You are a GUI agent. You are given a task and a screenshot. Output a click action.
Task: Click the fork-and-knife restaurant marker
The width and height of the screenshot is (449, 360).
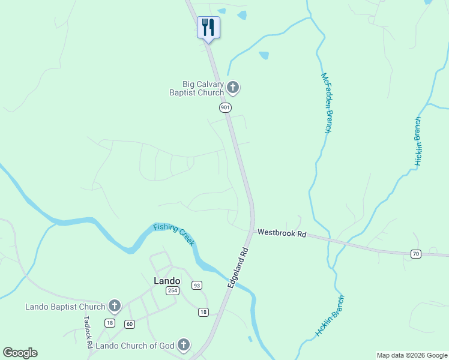click(208, 27)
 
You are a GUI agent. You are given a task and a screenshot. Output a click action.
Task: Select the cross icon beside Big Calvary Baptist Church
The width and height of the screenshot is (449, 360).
click(233, 89)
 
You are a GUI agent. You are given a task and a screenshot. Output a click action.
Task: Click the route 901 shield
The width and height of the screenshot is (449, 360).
click(224, 107)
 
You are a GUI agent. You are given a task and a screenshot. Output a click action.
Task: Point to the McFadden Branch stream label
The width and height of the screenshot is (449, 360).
click(327, 103)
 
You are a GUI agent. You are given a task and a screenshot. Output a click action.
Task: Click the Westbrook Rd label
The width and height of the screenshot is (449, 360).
click(282, 233)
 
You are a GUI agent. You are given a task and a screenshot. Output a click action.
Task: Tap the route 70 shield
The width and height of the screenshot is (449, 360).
click(415, 254)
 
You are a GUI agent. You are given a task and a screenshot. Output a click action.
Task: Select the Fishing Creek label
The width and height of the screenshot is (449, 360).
click(174, 234)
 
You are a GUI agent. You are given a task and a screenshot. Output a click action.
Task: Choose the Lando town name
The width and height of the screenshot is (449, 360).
click(167, 281)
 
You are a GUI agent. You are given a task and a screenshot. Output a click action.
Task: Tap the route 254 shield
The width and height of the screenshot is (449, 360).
click(172, 291)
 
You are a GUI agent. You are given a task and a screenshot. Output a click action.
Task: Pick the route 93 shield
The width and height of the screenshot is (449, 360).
click(197, 285)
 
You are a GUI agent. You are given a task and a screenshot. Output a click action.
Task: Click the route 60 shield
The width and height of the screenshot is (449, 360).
click(130, 324)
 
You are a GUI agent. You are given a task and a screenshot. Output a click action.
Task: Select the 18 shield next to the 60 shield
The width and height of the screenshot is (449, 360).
click(109, 323)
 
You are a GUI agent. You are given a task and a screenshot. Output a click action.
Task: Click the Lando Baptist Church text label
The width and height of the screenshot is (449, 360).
click(65, 307)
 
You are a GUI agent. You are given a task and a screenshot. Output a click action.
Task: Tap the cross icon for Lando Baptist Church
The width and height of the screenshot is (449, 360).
click(114, 307)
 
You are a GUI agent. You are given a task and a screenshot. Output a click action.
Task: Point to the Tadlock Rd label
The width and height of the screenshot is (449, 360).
click(87, 329)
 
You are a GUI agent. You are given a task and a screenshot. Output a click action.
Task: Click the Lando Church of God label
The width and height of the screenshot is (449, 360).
click(135, 346)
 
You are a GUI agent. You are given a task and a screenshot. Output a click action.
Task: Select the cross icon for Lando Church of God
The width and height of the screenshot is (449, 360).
click(184, 345)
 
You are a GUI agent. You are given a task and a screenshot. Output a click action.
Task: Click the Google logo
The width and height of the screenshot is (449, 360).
click(20, 352)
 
